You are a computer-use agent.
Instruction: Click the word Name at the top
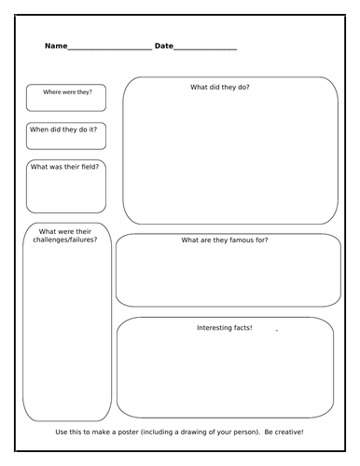click(55, 46)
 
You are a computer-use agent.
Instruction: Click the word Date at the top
click(163, 46)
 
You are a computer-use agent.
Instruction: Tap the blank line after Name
click(109, 48)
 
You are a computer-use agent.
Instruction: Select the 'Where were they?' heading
click(66, 92)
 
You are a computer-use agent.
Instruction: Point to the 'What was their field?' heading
click(65, 167)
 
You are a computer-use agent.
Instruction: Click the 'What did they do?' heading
click(220, 87)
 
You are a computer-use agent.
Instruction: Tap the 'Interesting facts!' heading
click(224, 327)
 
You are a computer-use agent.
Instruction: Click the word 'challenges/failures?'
click(65, 240)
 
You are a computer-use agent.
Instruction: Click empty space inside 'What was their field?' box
click(65, 193)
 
